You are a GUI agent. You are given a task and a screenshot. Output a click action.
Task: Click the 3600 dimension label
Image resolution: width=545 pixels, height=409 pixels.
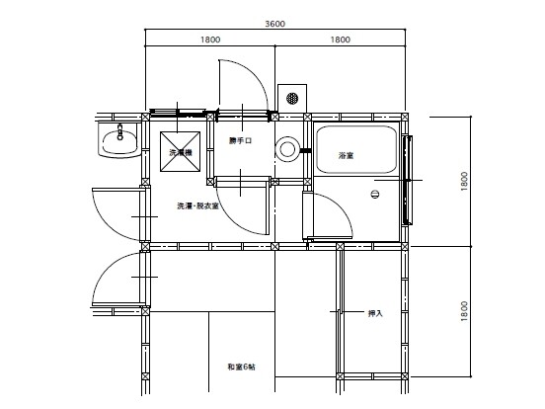click(x=274, y=24)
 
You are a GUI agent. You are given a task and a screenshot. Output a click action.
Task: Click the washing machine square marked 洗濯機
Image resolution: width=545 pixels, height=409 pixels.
click(x=180, y=151)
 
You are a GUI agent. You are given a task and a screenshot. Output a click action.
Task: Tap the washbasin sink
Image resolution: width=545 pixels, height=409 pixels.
click(x=119, y=140)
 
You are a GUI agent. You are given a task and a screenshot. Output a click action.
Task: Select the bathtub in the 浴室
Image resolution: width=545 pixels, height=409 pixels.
click(x=356, y=149)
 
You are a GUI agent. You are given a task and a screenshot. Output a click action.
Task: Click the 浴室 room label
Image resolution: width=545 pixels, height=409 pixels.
click(x=347, y=155)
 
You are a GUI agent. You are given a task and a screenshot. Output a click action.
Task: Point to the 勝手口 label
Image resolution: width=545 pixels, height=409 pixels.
click(x=240, y=140)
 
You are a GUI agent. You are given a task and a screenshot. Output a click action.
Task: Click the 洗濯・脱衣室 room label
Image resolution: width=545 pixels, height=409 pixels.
click(x=197, y=205)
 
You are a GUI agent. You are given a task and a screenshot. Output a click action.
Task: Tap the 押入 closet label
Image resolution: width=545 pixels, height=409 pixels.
click(x=375, y=313)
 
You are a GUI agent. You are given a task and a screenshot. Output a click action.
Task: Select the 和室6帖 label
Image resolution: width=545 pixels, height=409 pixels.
click(x=242, y=367)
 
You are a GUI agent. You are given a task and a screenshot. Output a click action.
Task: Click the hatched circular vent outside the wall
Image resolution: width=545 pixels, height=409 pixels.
click(x=292, y=98)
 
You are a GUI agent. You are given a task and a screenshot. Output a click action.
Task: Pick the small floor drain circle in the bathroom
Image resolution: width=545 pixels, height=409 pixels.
click(x=375, y=194)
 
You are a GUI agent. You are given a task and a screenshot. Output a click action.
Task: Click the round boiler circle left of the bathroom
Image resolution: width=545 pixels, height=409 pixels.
click(x=287, y=149)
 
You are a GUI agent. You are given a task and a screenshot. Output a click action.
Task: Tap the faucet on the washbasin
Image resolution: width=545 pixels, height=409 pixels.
click(x=120, y=131)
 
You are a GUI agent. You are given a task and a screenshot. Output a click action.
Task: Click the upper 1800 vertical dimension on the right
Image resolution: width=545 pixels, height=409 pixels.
click(x=464, y=181)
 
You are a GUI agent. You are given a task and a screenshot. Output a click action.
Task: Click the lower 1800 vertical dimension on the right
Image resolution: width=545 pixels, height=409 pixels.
click(x=464, y=311)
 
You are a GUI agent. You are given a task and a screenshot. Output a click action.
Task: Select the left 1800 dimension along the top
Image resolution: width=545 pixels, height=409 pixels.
click(x=210, y=40)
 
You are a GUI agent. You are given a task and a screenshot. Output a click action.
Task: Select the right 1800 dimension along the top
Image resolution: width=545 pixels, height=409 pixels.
click(x=341, y=40)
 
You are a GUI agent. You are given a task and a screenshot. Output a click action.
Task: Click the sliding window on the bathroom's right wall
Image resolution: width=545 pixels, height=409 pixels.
click(x=408, y=180)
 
